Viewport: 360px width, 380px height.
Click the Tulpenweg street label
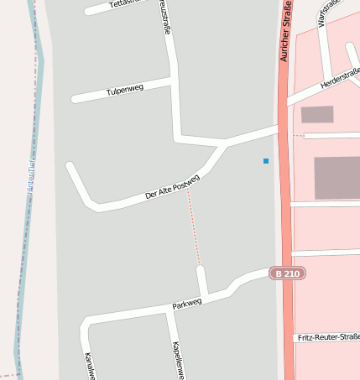point(126,91)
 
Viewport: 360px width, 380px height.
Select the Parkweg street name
point(187,303)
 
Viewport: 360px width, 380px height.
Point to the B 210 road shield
point(287,273)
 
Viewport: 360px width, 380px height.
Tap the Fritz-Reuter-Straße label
point(328,336)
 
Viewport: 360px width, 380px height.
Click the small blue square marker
point(266,160)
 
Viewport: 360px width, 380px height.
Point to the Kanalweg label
point(89,366)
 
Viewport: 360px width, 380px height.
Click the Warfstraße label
point(329,13)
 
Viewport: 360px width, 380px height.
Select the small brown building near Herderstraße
point(317,114)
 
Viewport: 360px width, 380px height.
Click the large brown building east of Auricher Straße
point(337,177)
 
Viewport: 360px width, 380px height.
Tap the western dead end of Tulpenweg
point(75,99)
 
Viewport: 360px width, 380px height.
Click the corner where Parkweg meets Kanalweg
point(86,322)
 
